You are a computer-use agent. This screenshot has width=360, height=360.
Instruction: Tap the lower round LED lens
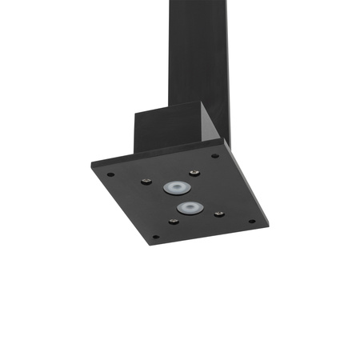pyautogui.click(x=189, y=208)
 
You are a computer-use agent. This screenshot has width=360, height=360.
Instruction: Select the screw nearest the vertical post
pyautogui.click(x=194, y=172)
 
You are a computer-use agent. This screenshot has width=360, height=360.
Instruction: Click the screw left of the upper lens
pyautogui.click(x=146, y=182)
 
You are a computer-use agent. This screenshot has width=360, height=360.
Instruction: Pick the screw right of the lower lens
pyautogui.click(x=218, y=214)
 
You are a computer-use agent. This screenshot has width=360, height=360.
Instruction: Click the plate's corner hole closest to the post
pyautogui.click(x=214, y=156)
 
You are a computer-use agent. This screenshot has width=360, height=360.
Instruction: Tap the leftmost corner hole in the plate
pyautogui.click(x=110, y=174)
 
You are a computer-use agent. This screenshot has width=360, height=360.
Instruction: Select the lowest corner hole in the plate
pyautogui.click(x=154, y=237)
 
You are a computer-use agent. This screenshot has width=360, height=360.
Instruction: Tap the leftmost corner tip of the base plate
pyautogui.click(x=92, y=164)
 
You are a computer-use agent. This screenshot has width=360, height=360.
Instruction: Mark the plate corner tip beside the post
pyautogui.click(x=222, y=142)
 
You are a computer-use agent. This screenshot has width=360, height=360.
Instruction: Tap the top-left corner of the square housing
pyautogui.click(x=134, y=113)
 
